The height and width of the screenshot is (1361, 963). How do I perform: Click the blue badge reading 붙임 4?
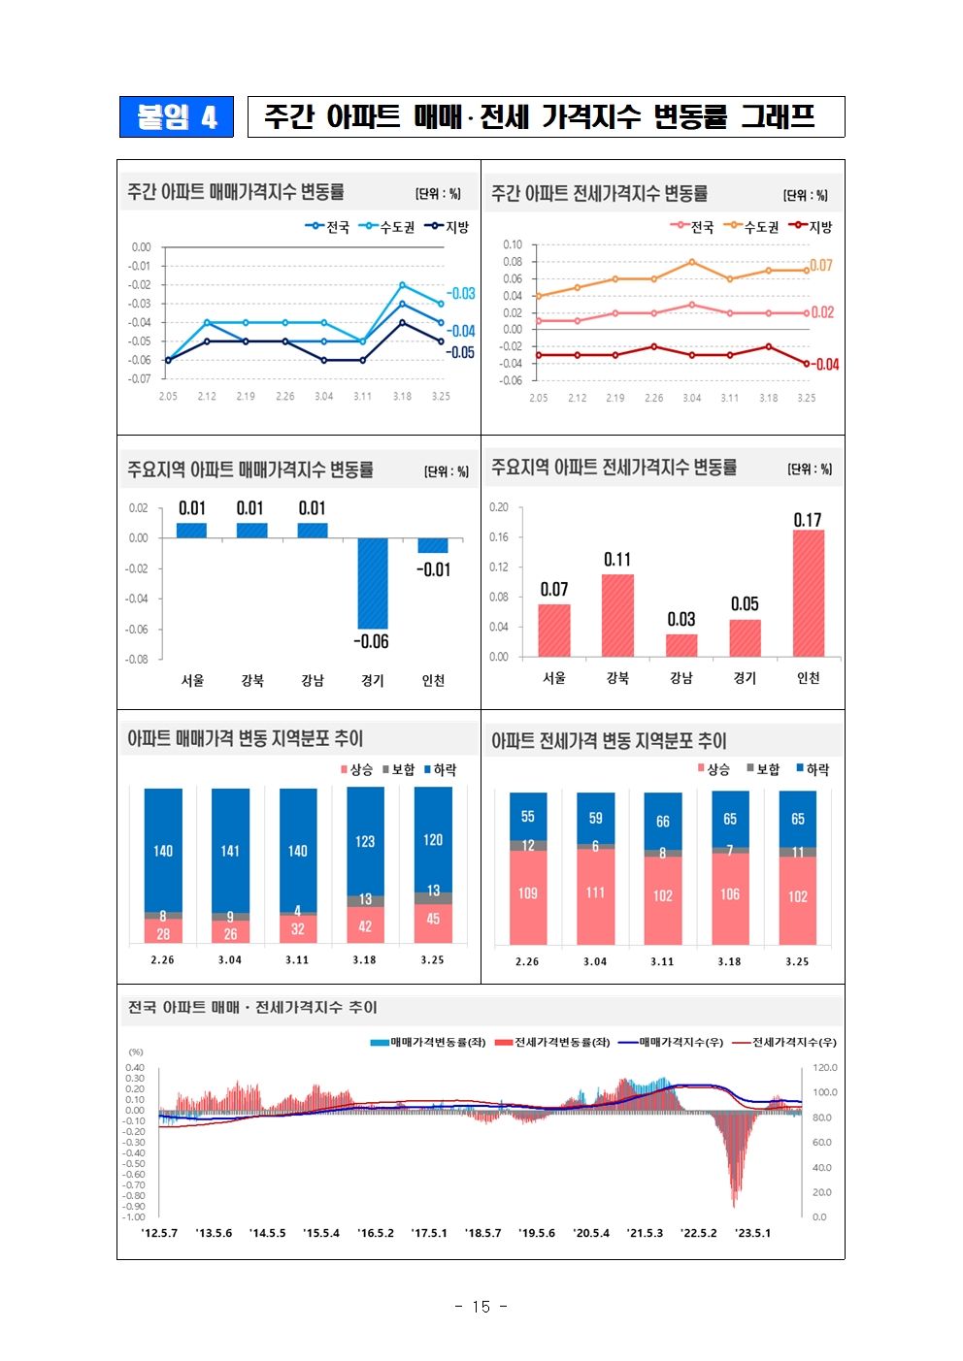coord(177,117)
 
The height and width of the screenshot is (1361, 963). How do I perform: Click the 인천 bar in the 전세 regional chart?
coord(808,593)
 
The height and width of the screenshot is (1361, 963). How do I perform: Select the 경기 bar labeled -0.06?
coord(373,583)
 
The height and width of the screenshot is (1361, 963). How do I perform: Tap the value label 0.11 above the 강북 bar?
coord(617,560)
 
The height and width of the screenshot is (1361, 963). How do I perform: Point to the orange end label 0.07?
coord(821,265)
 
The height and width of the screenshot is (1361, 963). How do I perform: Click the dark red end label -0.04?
coord(825,365)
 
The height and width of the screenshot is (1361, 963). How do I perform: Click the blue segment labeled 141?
coord(230,850)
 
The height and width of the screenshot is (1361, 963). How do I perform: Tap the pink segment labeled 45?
coord(433,920)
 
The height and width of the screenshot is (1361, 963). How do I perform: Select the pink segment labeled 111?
coord(595,892)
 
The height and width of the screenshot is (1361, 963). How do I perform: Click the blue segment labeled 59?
coord(595,818)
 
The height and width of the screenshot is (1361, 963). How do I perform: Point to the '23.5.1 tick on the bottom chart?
coord(753,1233)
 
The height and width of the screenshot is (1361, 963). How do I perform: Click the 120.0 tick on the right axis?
coord(824,1068)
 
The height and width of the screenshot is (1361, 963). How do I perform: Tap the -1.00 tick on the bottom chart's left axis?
coord(134,1216)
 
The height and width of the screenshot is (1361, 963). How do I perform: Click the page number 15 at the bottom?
coord(481,1307)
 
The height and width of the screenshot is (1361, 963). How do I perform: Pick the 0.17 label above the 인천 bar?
coord(808,520)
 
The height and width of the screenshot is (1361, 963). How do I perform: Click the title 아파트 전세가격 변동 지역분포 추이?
coord(609,741)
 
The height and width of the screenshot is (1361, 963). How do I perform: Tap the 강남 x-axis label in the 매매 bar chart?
coord(313,680)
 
